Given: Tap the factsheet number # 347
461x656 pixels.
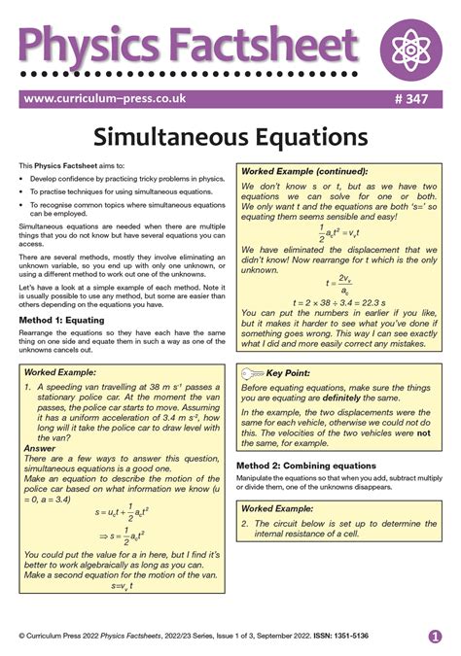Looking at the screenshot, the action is tap(420, 98).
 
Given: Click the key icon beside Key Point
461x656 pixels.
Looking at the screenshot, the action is tap(251, 373).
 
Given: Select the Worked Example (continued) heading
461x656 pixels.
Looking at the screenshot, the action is tap(300, 171).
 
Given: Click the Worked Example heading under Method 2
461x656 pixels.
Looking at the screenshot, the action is tap(278, 508).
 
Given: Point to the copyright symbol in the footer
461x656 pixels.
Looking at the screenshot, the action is tap(21, 636).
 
